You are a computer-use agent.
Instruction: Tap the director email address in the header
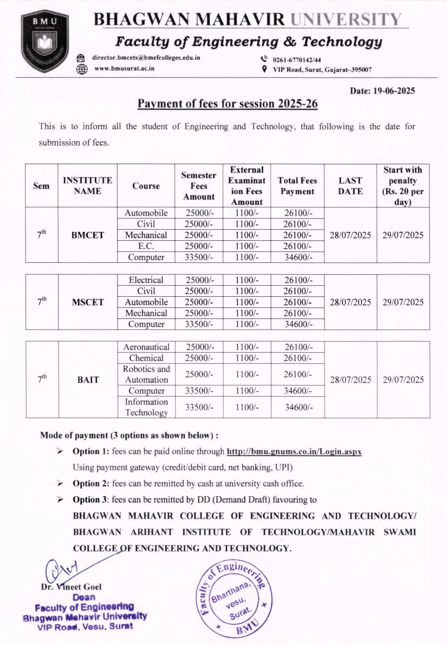pyautogui.click(x=146, y=58)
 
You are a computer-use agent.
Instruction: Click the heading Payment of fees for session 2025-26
pyautogui.click(x=227, y=104)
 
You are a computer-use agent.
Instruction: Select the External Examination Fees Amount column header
pyautogui.click(x=246, y=186)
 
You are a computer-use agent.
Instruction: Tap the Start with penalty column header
pyautogui.click(x=402, y=186)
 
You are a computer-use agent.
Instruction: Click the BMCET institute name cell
pyautogui.click(x=88, y=235)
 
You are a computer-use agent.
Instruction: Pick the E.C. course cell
pyautogui.click(x=146, y=246)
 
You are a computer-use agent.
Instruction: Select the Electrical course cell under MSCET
pyautogui.click(x=146, y=280)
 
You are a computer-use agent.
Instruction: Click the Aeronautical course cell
pyautogui.click(x=146, y=347)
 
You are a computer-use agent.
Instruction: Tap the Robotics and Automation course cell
pyautogui.click(x=146, y=374)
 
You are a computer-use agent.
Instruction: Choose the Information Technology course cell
pyautogui.click(x=146, y=407)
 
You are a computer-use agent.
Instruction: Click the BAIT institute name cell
pyautogui.click(x=88, y=380)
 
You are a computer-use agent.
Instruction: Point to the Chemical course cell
pyautogui.click(x=146, y=358)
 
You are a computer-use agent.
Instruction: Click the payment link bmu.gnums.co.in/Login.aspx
pyautogui.click(x=294, y=451)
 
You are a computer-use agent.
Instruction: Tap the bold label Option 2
pyautogui.click(x=91, y=484)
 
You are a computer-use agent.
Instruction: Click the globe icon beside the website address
pyautogui.click(x=82, y=69)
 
